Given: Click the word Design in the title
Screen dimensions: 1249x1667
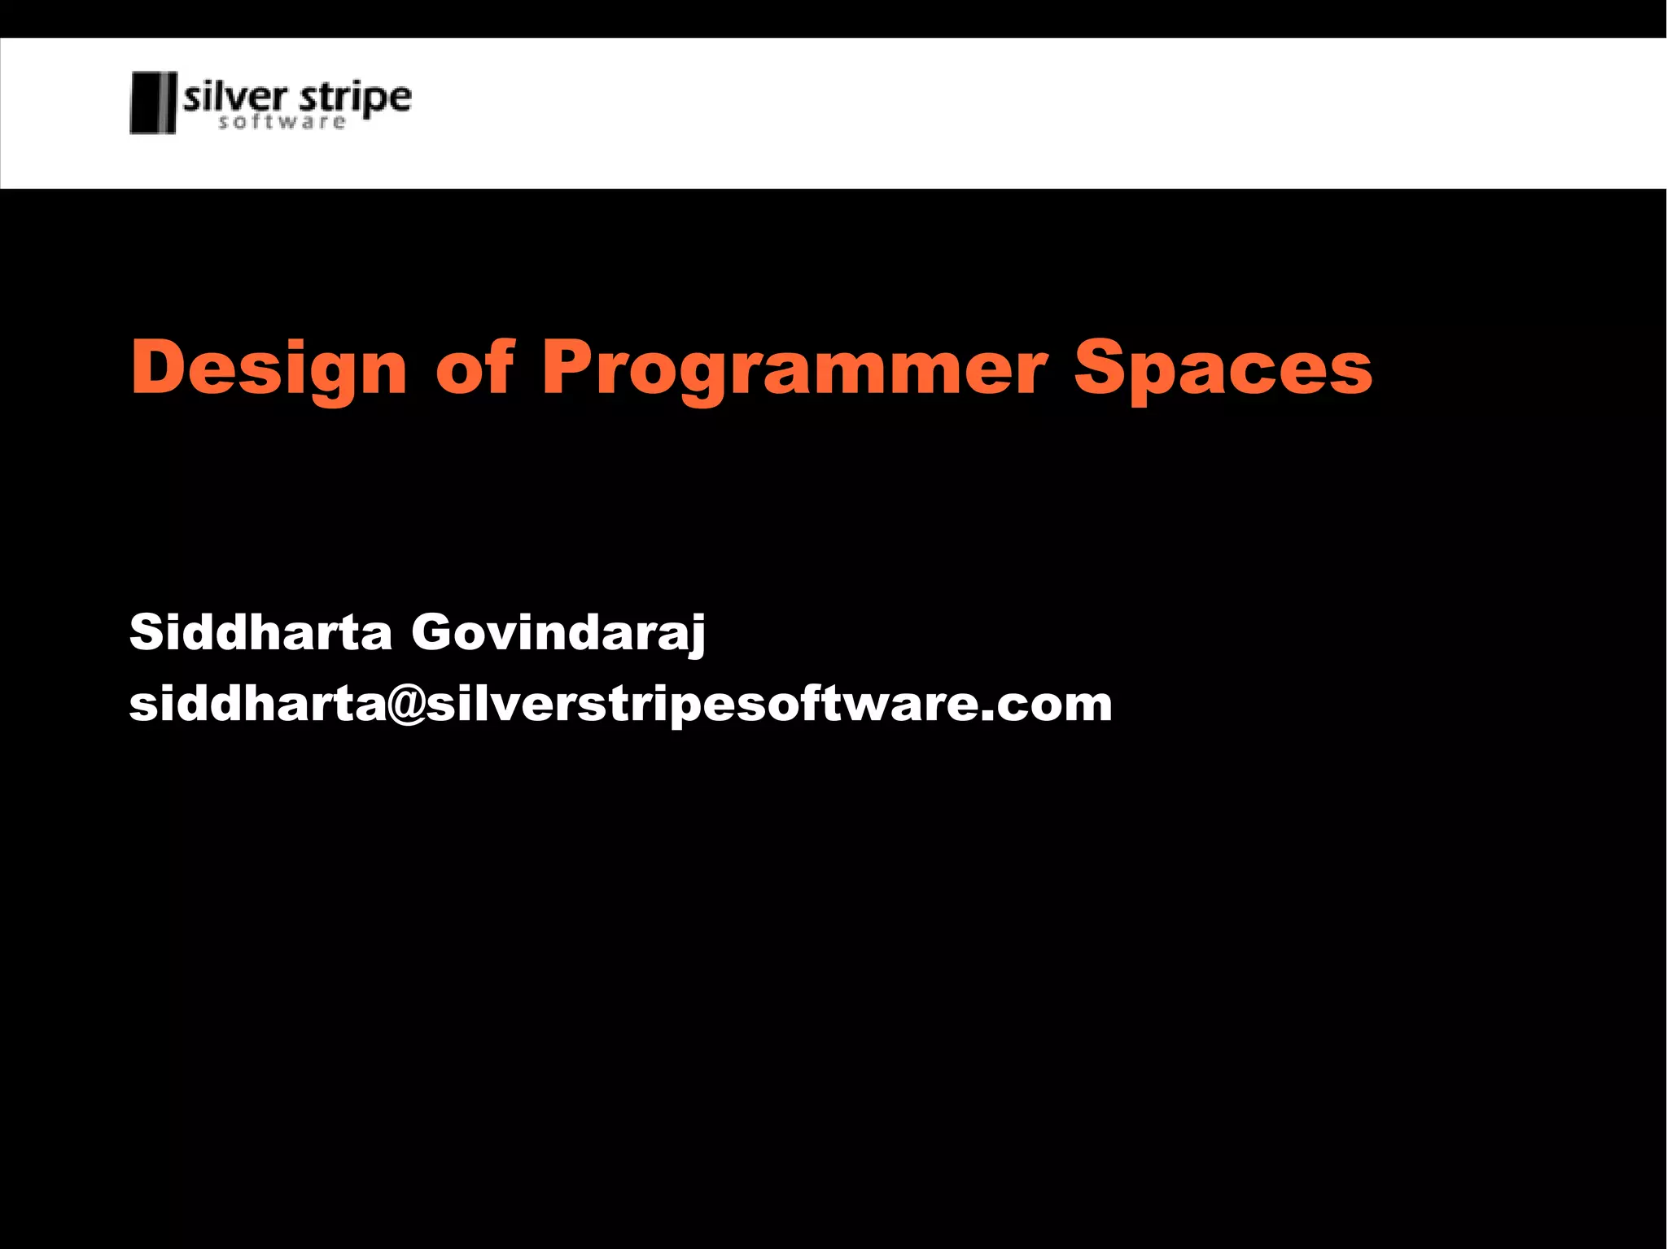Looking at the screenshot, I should tap(268, 368).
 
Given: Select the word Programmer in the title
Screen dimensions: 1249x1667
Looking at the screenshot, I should tap(794, 368).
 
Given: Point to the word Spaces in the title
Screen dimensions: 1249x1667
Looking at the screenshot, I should tap(1223, 368).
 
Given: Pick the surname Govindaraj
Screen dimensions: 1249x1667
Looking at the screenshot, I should tap(558, 633).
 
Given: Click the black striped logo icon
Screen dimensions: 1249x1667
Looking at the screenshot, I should tap(153, 103).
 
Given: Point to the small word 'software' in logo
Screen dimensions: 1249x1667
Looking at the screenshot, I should tap(282, 123).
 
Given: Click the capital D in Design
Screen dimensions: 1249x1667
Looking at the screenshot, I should tap(160, 367).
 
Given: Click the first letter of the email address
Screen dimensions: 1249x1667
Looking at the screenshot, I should tap(143, 705).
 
